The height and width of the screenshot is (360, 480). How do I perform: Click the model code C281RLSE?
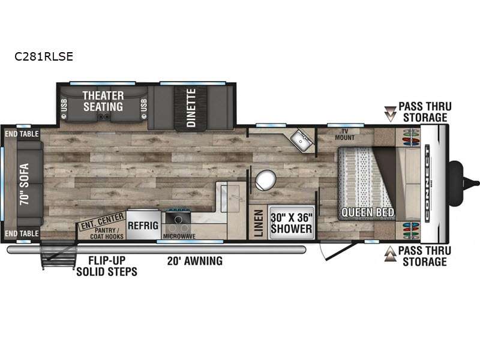44,56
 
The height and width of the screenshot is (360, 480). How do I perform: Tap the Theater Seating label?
103,101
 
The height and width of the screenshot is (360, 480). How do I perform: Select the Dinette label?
191,107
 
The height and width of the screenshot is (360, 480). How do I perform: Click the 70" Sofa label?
24,184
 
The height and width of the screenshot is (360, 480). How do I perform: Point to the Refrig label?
143,226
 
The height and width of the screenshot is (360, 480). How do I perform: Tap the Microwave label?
179,236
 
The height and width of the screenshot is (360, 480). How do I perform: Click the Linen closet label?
259,223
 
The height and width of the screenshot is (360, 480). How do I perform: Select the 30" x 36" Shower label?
292,223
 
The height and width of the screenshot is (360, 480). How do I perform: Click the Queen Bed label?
368,212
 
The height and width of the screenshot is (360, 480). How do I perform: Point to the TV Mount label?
344,134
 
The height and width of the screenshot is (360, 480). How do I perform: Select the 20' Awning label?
195,261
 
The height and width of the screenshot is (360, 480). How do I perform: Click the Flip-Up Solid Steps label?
107,266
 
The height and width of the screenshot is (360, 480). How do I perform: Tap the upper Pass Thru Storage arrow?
391,113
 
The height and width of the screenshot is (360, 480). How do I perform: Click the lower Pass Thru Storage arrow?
391,254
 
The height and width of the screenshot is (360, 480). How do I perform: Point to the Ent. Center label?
103,221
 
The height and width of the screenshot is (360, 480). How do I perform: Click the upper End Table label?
22,134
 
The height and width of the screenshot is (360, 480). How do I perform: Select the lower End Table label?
22,233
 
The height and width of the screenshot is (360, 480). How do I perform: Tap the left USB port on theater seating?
64,108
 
